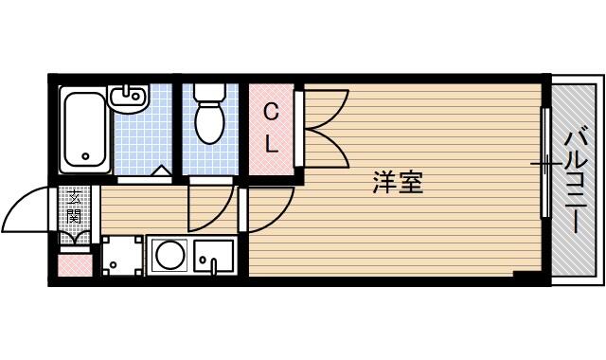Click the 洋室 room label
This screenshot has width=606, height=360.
point(398,182)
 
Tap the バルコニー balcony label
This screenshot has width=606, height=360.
point(576,183)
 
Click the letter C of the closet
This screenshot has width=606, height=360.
point(271,113)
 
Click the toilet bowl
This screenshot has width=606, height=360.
point(209,123)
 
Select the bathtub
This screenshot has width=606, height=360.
point(85,129)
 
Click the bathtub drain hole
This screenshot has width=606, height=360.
point(85,156)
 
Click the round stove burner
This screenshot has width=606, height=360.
point(169,255)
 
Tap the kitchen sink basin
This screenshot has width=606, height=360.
point(214,255)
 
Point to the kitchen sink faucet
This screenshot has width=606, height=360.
point(214,267)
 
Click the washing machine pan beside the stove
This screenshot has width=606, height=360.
point(122,255)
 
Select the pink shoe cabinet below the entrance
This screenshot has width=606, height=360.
point(76,265)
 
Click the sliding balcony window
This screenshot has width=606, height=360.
point(545,162)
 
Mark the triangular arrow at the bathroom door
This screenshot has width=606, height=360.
point(161,171)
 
